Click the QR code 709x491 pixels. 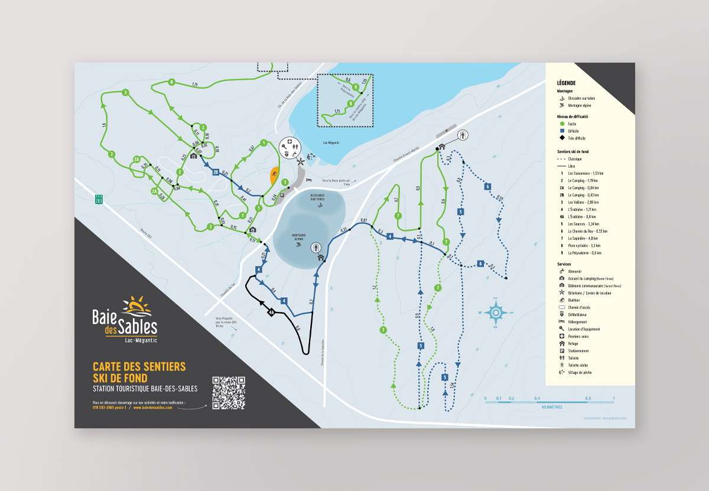(228, 392)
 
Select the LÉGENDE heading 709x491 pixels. (566, 83)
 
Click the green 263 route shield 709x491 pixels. (99, 200)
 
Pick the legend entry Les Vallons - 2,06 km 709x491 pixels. (582, 202)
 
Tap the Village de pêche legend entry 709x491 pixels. (579, 372)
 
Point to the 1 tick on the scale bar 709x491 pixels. (614, 398)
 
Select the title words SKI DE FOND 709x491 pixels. (120, 378)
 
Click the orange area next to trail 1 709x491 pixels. (274, 175)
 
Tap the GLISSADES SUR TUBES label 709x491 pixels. (317, 199)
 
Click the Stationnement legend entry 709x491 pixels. (579, 351)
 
